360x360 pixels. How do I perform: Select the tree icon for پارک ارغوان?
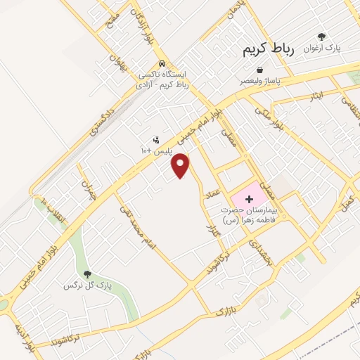pyautogui.click(x=322, y=37)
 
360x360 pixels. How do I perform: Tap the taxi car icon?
pyautogui.click(x=162, y=61)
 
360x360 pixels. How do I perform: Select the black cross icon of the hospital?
pyautogui.click(x=249, y=199)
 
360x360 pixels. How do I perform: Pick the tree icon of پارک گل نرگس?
pyautogui.click(x=87, y=274)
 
